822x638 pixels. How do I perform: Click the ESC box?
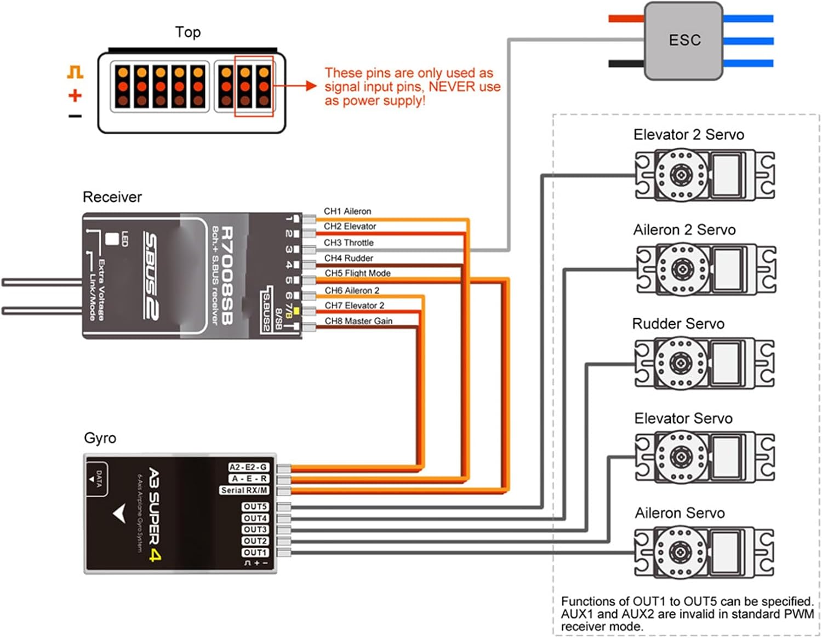pos(684,41)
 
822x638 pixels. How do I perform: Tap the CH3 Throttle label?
pos(349,243)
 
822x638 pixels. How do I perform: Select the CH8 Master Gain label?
pos(358,321)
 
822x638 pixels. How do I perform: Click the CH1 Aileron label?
pos(347,211)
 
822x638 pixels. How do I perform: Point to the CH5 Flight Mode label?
pos(357,273)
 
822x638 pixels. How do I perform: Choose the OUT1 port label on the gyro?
pos(255,553)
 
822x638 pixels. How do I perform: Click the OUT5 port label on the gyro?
pos(255,507)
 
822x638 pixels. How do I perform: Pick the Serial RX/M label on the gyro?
pos(244,490)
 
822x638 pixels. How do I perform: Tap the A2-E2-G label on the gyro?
pos(248,467)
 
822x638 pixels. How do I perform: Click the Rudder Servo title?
pos(678,324)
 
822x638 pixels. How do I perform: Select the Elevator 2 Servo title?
pos(688,135)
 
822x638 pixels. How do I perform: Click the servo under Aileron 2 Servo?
pos(706,269)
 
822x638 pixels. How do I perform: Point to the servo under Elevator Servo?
pos(705,457)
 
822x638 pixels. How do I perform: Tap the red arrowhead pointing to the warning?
pos(311,85)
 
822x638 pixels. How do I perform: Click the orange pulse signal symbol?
pos(75,72)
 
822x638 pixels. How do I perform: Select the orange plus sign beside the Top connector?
pos(75,96)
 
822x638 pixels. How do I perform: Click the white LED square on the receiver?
pos(112,239)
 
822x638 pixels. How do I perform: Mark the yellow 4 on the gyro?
pos(155,555)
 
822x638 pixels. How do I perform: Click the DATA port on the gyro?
pos(97,479)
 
